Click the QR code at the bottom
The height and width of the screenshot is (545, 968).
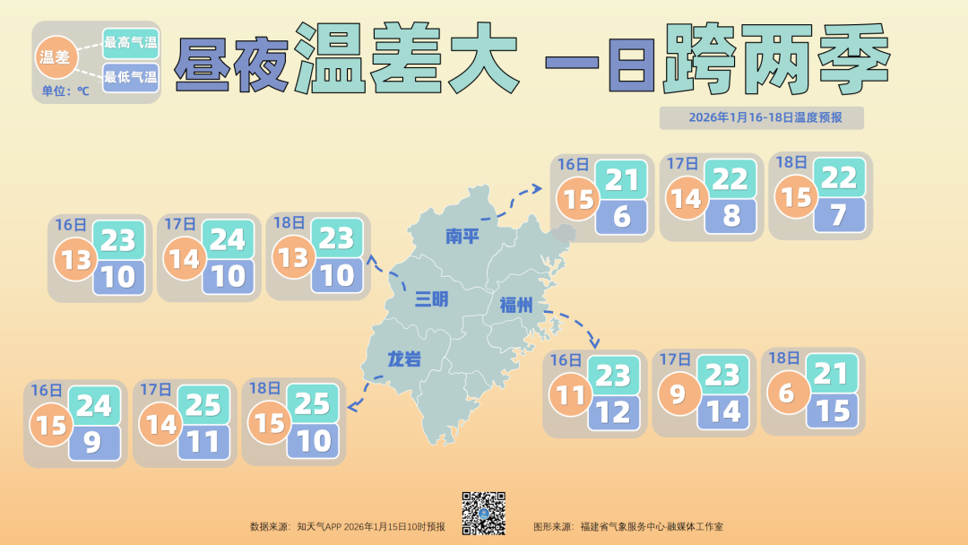(484, 513)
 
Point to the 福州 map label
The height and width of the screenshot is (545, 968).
(516, 306)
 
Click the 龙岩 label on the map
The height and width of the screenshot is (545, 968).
(403, 359)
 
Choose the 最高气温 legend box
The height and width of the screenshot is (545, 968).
(131, 42)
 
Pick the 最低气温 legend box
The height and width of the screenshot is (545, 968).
(131, 76)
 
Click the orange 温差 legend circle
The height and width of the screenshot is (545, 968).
(56, 57)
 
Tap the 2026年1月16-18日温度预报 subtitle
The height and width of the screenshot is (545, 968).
(761, 117)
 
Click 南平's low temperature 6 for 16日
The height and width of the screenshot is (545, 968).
(623, 215)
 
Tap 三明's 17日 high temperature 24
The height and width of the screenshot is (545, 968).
(228, 239)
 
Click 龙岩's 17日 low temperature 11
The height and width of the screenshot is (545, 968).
(203, 442)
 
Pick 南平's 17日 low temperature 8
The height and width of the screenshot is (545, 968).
(731, 215)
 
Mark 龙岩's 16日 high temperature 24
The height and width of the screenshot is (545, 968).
(93, 406)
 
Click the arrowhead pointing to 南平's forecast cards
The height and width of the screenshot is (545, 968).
(538, 188)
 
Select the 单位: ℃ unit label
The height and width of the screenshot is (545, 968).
(65, 91)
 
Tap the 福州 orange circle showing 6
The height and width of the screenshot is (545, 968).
(787, 394)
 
